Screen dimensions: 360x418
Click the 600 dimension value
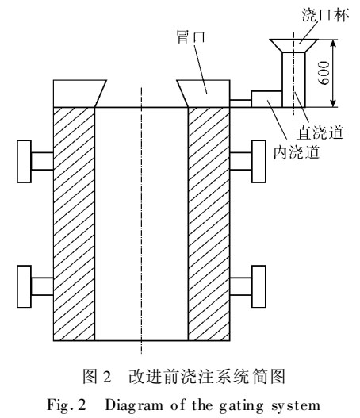[x=324, y=73]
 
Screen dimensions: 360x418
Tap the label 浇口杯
[x=325, y=15]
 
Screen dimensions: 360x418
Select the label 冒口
[x=191, y=36]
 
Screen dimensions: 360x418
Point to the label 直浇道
[x=320, y=132]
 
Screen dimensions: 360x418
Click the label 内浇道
[x=297, y=152]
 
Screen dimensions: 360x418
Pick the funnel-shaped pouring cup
[x=293, y=45]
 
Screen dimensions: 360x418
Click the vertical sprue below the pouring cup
[x=293, y=79]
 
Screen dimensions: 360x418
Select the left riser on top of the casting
[x=77, y=94]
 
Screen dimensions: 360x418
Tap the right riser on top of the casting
[x=205, y=94]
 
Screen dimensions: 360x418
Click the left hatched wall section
[x=74, y=224]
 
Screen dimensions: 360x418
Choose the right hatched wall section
[x=209, y=224]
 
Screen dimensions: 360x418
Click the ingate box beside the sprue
[x=266, y=99]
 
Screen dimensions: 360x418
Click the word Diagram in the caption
[x=134, y=405]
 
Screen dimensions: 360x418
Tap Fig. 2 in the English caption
[x=67, y=405]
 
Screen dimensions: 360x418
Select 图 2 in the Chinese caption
[x=97, y=377]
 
